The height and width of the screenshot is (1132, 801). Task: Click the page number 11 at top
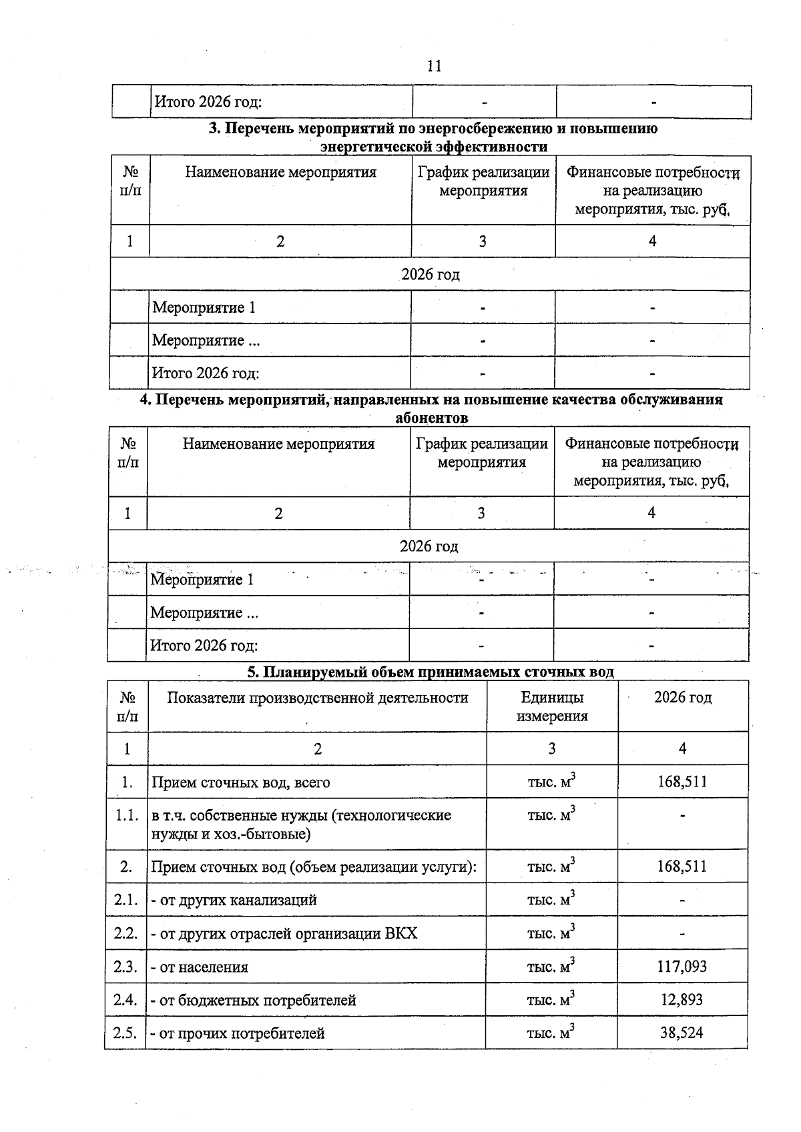pyautogui.click(x=433, y=66)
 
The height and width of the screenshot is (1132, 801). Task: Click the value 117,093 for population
pyautogui.click(x=682, y=967)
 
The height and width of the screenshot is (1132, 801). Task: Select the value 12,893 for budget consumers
pyautogui.click(x=682, y=1000)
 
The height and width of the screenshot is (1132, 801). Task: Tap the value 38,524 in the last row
pyautogui.click(x=682, y=1033)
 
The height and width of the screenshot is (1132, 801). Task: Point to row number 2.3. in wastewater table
pyautogui.click(x=125, y=967)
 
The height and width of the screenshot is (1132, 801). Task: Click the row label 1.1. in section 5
pyautogui.click(x=125, y=815)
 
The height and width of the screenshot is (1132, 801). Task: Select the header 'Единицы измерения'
pyautogui.click(x=552, y=707)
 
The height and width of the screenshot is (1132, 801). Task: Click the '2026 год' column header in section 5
pyautogui.click(x=682, y=698)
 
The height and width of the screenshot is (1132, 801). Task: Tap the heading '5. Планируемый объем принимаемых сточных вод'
pyautogui.click(x=431, y=672)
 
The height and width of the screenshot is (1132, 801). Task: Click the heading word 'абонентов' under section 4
pyautogui.click(x=432, y=418)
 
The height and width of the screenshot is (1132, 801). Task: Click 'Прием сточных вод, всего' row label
pyautogui.click(x=241, y=782)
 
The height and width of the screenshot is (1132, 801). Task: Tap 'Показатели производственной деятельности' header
pyautogui.click(x=318, y=698)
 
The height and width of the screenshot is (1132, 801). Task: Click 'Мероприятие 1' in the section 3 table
pyautogui.click(x=204, y=308)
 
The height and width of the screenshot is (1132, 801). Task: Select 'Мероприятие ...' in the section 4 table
pyautogui.click(x=204, y=612)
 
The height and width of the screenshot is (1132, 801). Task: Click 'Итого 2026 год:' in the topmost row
pyautogui.click(x=208, y=102)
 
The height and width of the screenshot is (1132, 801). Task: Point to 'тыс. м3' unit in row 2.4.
pyautogui.click(x=551, y=1000)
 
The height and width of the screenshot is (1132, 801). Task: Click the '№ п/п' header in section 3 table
pyautogui.click(x=130, y=181)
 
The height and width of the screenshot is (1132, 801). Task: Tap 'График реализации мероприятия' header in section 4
pyautogui.click(x=482, y=453)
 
